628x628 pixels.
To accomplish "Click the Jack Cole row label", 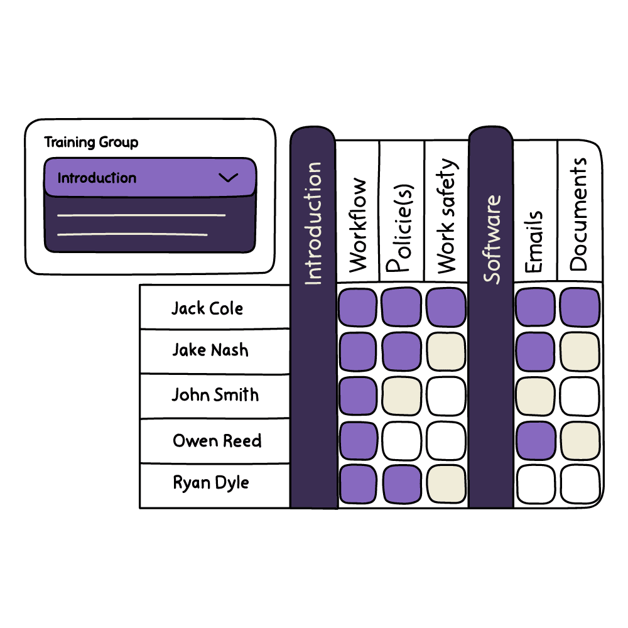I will coord(207,308).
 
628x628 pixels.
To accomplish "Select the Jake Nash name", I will coord(210,350).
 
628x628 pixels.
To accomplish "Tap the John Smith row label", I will coord(215,395).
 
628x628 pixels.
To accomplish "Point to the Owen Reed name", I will coord(217,441).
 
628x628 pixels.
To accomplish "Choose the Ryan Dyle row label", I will coord(211,483).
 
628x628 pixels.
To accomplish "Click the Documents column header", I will coord(579,214).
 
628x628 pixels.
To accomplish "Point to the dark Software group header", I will coord(492,239).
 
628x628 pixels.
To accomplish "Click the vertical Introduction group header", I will coord(313,223).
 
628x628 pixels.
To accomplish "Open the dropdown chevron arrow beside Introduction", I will coord(228,178).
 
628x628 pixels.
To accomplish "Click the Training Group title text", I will coord(91,143).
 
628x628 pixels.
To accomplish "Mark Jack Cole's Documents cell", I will coord(580,308).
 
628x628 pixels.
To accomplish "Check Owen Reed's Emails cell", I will coord(535,441).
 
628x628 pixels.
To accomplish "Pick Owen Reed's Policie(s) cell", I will coord(401,441).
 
